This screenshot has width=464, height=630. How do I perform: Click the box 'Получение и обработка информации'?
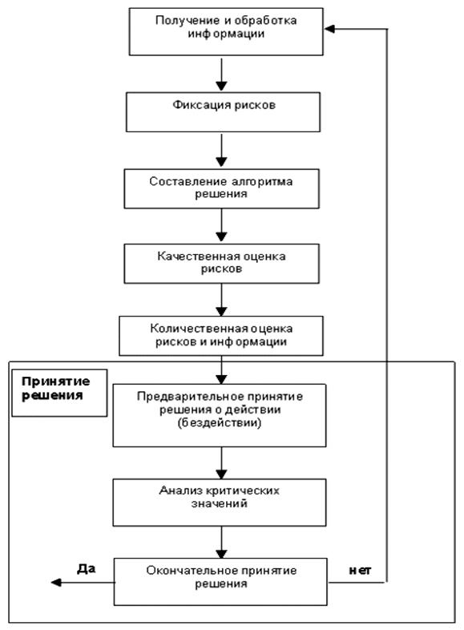[x=226, y=31]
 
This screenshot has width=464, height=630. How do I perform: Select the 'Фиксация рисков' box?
[x=223, y=112]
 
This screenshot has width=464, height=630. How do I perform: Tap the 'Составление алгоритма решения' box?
[x=221, y=188]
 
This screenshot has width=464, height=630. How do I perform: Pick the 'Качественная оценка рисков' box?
[x=221, y=264]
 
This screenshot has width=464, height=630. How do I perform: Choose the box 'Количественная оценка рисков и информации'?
[x=221, y=336]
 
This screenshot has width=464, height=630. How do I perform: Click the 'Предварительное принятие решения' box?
[x=220, y=415]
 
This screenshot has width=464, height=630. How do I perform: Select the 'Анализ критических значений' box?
[x=220, y=503]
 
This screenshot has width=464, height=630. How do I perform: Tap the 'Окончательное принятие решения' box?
[x=220, y=581]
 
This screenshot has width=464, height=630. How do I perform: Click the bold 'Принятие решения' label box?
[x=59, y=393]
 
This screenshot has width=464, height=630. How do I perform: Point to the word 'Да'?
[x=86, y=568]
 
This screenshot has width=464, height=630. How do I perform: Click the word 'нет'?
[x=360, y=570]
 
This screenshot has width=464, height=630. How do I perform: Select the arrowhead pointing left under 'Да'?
[x=56, y=582]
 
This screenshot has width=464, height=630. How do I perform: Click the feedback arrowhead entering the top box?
[x=329, y=29]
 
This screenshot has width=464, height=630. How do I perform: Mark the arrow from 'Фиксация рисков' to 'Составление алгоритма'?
[x=221, y=150]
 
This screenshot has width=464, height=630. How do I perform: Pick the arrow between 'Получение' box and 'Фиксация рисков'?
[x=221, y=75]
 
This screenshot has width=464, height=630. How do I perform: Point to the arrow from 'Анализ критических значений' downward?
[x=221, y=543]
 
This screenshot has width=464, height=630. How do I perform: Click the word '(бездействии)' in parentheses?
[x=220, y=423]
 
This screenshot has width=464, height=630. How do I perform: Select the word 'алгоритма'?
[x=262, y=182]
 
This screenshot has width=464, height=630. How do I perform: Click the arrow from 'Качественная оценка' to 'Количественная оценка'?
[x=221, y=300]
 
